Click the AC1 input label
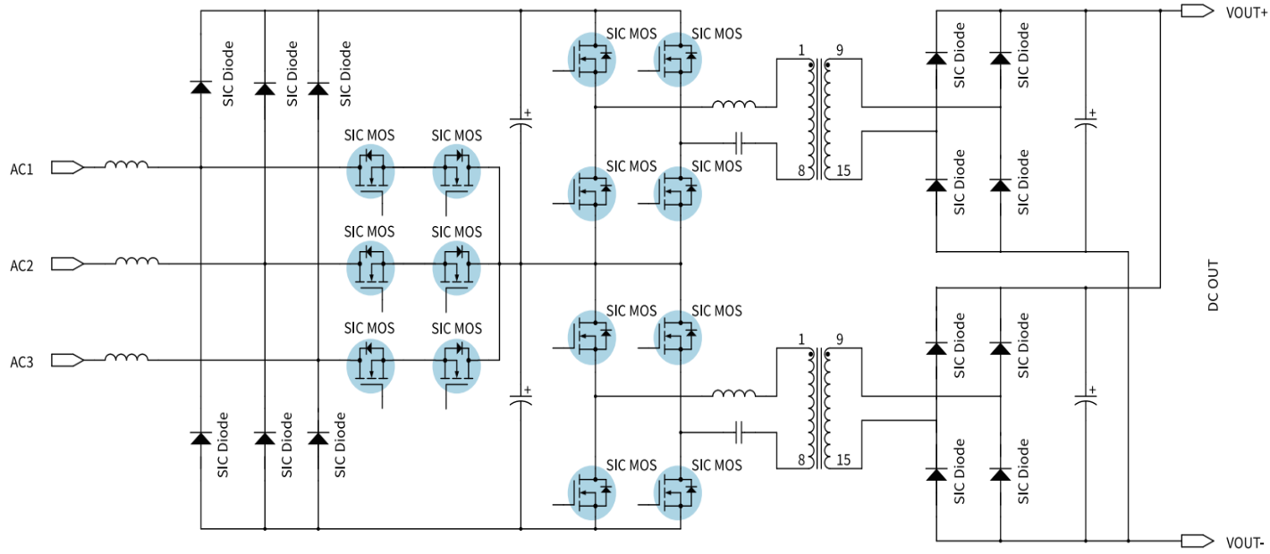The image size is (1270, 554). [x=21, y=168]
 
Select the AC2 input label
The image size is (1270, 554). [x=21, y=264]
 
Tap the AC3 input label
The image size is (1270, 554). [x=21, y=361]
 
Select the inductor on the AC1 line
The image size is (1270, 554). [x=126, y=165]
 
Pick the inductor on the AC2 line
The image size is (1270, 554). [x=137, y=262]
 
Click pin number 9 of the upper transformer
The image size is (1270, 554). [x=839, y=50]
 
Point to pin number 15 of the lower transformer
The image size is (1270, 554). [x=842, y=461]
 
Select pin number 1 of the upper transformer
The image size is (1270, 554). [x=801, y=50]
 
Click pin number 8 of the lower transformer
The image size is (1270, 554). [x=801, y=461]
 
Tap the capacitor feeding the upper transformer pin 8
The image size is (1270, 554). [x=739, y=142]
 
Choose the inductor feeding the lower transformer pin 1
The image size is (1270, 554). [x=733, y=393]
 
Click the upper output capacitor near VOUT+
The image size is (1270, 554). [x=1085, y=122]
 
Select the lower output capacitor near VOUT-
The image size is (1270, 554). [x=1085, y=398]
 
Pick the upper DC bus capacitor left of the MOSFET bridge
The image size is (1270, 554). [x=521, y=122]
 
